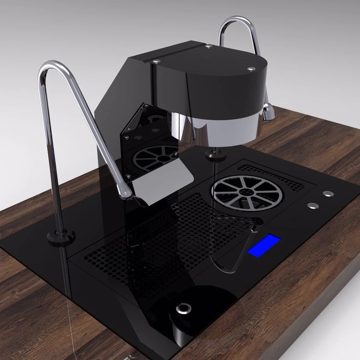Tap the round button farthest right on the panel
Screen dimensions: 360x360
click(x=327, y=194)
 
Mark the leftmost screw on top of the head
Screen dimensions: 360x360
click(x=156, y=62)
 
